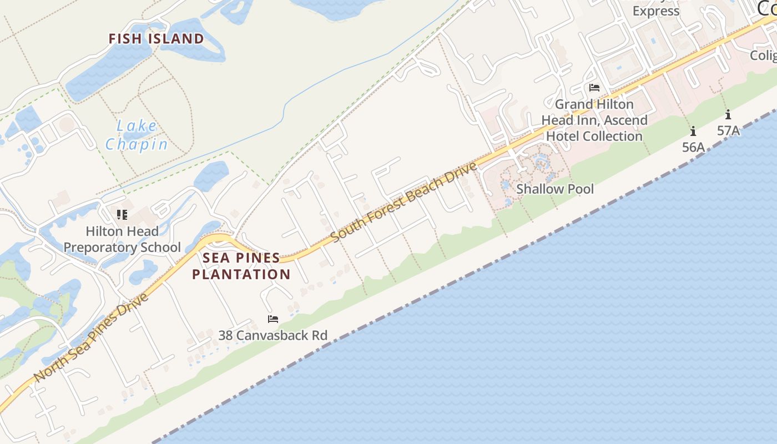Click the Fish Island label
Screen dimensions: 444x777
point(156,39)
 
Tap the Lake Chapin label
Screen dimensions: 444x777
point(137,135)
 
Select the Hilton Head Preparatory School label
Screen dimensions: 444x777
point(122,239)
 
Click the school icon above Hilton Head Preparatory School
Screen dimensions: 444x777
point(122,215)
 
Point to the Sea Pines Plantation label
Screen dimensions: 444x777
point(241,266)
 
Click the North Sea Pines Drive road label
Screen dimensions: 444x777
point(92,337)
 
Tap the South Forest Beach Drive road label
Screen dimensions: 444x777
point(404,202)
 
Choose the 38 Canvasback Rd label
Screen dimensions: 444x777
point(273,335)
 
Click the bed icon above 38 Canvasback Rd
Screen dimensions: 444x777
point(273,319)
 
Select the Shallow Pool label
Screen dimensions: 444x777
point(555,189)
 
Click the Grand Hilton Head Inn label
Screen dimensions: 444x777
point(594,120)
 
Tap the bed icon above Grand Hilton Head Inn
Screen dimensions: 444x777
point(594,88)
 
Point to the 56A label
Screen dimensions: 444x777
point(693,147)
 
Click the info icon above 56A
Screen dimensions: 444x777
point(693,132)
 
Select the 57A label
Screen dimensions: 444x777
point(728,131)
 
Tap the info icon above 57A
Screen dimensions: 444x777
point(728,115)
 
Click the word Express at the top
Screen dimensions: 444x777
point(656,11)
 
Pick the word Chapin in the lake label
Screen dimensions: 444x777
point(137,145)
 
